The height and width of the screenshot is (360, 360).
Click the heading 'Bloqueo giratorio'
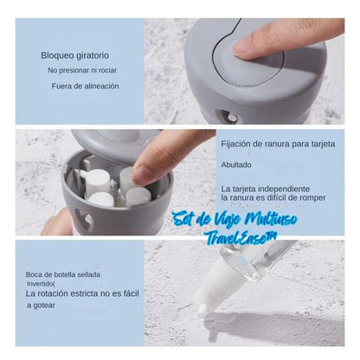point(75,55)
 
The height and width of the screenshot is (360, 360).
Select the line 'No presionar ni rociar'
point(82,70)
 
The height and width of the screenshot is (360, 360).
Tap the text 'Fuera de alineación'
point(85,86)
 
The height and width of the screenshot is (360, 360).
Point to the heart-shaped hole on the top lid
point(228,116)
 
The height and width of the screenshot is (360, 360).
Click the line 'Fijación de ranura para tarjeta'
point(278,144)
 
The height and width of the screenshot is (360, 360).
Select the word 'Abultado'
point(236,165)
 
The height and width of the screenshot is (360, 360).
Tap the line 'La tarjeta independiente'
point(266,189)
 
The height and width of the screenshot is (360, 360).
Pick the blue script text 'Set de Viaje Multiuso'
point(235,220)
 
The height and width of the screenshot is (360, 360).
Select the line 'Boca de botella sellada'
point(63,274)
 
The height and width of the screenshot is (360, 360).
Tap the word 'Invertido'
point(41,284)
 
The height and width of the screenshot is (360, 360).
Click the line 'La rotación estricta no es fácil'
point(82,294)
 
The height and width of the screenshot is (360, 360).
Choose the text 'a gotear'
point(41,305)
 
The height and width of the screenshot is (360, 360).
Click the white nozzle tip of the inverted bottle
point(202,309)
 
